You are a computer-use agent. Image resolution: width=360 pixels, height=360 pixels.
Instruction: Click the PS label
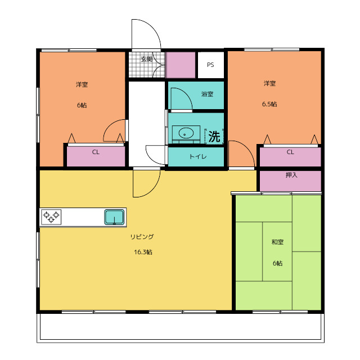point(210,65)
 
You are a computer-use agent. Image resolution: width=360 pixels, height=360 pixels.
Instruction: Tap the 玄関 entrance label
point(146,59)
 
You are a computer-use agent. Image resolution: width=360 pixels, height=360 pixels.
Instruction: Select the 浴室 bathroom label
point(208,94)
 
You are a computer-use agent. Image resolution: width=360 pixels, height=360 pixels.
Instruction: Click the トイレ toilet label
point(198,156)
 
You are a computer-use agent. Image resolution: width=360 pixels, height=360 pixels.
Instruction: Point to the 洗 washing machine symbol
point(214,137)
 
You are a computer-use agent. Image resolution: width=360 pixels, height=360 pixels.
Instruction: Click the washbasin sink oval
point(186,133)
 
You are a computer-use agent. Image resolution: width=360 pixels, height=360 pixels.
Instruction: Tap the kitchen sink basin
point(114,217)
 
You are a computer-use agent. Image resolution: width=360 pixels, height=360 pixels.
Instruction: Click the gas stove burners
point(51,217)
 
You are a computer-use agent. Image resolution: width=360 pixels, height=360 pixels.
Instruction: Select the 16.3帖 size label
point(143,252)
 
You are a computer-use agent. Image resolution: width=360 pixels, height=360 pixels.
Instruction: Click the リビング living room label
point(142,237)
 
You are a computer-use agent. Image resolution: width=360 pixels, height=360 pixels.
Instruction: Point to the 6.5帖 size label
point(269,104)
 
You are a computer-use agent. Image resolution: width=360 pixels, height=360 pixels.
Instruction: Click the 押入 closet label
point(291,175)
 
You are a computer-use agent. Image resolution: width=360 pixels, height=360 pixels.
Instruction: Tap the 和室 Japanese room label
point(277,242)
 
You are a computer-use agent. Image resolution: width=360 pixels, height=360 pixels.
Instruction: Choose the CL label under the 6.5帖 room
point(290,152)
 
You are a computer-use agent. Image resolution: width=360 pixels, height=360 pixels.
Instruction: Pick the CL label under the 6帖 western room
point(96,152)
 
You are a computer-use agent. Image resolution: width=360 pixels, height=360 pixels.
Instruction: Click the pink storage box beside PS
point(181,65)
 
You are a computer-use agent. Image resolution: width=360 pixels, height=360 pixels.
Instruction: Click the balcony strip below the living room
point(181,327)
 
